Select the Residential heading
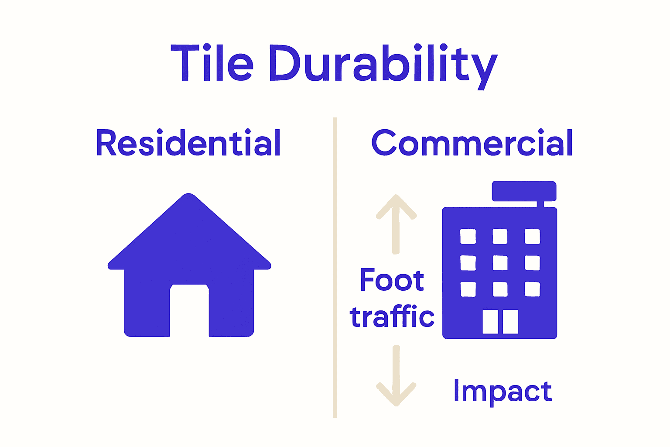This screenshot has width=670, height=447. (188, 143)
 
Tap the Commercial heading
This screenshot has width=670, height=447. (472, 143)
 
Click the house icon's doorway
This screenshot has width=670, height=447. (189, 310)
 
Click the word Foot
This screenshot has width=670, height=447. (392, 280)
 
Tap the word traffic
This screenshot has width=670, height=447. (392, 316)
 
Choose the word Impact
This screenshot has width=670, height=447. (502, 391)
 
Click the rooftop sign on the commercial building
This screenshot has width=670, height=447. (524, 191)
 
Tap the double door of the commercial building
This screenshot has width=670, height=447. (500, 322)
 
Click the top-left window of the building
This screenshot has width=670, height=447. (468, 237)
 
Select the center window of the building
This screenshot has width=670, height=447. (500, 263)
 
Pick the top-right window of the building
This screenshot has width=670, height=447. (532, 237)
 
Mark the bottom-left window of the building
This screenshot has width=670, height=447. (468, 289)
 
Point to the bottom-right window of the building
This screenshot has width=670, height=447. (532, 289)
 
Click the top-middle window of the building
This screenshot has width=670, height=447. (500, 237)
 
